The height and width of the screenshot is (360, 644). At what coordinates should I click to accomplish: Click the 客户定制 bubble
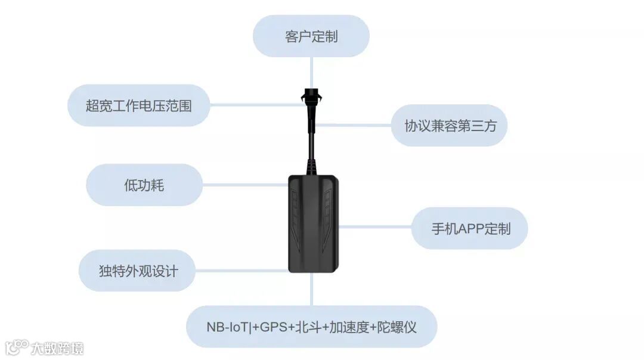[x=311, y=36]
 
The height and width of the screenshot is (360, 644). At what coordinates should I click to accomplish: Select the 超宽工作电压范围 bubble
[x=139, y=105]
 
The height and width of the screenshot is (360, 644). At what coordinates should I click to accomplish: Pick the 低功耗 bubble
[x=144, y=185]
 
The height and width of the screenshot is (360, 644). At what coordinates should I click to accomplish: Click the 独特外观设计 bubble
[x=138, y=271]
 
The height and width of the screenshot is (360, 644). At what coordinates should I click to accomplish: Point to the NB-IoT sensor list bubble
[x=311, y=327]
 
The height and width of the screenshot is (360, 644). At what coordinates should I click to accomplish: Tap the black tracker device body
[x=313, y=224]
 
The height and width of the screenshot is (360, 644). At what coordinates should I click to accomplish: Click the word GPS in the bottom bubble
[x=273, y=327]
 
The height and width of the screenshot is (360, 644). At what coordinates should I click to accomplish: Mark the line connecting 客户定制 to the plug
[x=311, y=72]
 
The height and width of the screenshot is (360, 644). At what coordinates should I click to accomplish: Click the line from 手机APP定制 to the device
[x=375, y=227]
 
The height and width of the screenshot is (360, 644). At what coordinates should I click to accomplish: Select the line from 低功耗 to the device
[x=244, y=185]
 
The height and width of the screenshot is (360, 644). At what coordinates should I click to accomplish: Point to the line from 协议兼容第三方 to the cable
[x=352, y=126]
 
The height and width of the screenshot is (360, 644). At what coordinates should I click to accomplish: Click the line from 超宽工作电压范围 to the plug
[x=256, y=105]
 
